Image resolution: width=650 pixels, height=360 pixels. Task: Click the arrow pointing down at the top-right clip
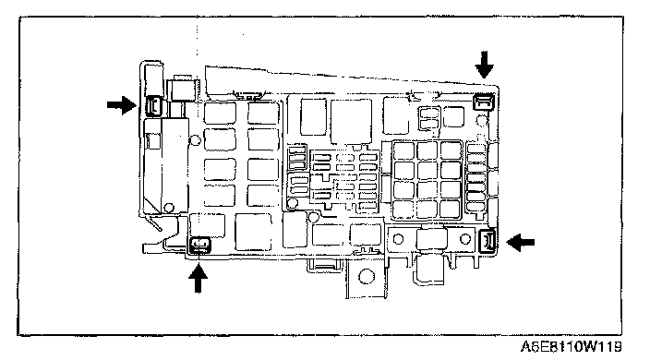pos(484,65)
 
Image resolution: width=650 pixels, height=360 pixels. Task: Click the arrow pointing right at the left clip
pos(122,105)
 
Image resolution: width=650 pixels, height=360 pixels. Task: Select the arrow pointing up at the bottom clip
pos(199,279)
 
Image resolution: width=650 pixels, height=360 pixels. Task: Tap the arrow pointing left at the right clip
pos(521,243)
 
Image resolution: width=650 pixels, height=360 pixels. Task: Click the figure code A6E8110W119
pos(572,346)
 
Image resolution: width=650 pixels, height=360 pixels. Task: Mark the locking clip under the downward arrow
pos(484,102)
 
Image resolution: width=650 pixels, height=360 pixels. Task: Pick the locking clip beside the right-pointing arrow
pos(154,105)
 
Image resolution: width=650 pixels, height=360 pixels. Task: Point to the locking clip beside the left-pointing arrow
pos(487,242)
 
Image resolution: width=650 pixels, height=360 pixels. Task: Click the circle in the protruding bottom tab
pos(367,276)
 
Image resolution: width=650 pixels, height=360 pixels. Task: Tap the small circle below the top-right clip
pos(482,121)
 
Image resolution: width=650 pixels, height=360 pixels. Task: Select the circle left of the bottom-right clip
pos(465,239)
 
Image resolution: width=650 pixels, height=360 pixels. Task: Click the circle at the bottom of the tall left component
pos(169,208)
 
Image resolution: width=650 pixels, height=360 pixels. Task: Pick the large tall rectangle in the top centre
pos(351,121)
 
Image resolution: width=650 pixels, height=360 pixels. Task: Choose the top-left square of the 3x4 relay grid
pos(403,150)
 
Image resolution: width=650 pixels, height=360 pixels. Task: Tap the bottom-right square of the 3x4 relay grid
pos(451,210)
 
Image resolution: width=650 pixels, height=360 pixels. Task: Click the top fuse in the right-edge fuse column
pos(475,149)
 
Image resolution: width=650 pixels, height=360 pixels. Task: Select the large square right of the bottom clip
pos(253,232)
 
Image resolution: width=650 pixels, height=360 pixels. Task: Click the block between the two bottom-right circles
pos(431,238)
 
